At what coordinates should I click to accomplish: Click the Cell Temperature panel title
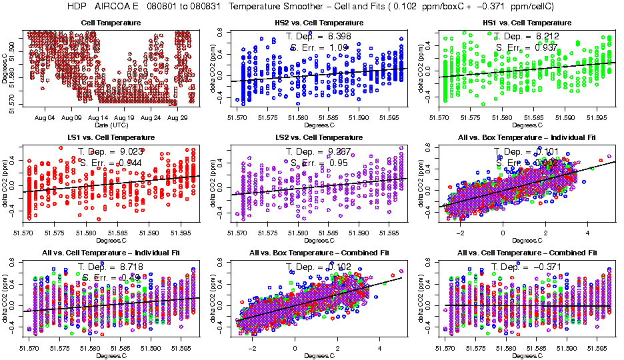pos(111,23)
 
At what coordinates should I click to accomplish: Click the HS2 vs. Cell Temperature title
pos(319,23)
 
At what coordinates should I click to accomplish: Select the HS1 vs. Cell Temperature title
pos(528,23)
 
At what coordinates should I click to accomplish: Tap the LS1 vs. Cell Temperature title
pos(111,138)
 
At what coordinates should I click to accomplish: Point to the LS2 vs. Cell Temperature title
pos(319,138)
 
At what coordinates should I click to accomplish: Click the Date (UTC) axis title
pos(111,125)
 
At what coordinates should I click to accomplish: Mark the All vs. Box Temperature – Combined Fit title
pos(319,253)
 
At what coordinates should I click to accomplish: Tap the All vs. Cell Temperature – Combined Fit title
pos(528,253)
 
